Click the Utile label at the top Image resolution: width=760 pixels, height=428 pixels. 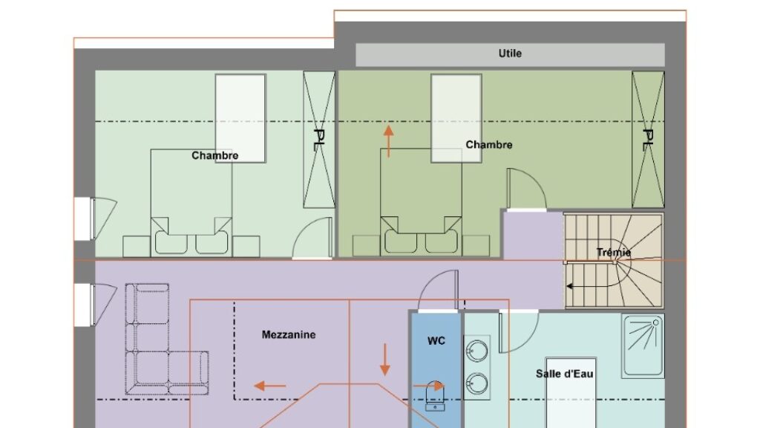(x=510, y=53)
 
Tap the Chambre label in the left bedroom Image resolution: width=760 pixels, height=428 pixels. (x=214, y=156)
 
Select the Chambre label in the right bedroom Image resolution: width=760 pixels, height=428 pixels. (x=488, y=145)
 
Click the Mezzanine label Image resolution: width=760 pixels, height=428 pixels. (x=289, y=335)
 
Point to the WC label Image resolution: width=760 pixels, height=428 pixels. (x=436, y=341)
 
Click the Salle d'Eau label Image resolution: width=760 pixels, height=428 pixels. (x=564, y=374)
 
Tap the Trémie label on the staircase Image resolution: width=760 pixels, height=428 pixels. (x=614, y=253)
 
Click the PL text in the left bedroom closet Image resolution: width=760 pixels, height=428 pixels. (x=318, y=140)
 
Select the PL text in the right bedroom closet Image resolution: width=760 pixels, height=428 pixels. (x=647, y=140)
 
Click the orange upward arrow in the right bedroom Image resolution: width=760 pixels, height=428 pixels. (x=388, y=141)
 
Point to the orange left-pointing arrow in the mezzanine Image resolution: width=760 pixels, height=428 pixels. (x=270, y=386)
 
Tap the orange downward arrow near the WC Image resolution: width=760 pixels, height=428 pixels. (x=385, y=360)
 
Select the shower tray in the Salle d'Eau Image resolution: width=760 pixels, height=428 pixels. (x=643, y=346)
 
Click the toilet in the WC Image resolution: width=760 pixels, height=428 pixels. (x=435, y=396)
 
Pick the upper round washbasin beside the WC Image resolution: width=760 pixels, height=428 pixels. (x=477, y=351)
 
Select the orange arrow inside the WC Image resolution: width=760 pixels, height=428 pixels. (x=428, y=386)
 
